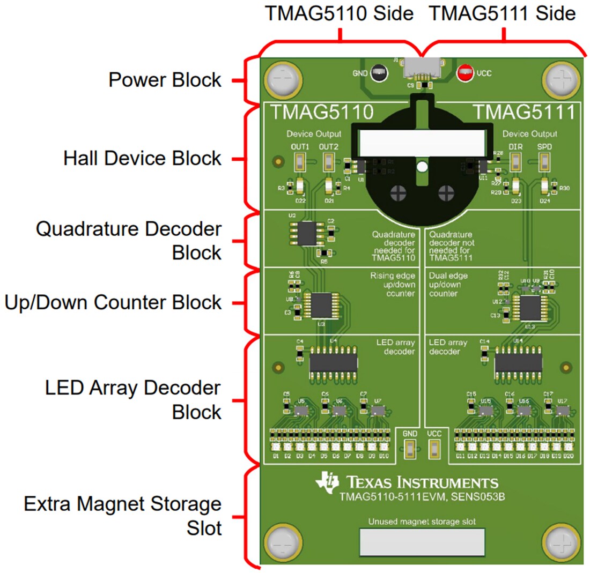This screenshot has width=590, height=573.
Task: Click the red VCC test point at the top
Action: pyautogui.click(x=464, y=73)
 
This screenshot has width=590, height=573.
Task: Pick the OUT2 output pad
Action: pyautogui.click(x=329, y=160)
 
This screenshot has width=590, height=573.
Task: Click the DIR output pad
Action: pyautogui.click(x=516, y=160)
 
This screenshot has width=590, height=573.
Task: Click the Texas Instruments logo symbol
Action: pyautogui.click(x=327, y=481)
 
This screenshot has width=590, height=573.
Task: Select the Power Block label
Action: pyautogui.click(x=165, y=80)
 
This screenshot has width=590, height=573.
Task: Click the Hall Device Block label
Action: pyautogui.click(x=142, y=158)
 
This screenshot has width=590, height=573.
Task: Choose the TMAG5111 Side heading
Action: pyautogui.click(x=503, y=13)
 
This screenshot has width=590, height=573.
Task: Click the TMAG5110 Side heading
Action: pyautogui.click(x=340, y=13)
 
